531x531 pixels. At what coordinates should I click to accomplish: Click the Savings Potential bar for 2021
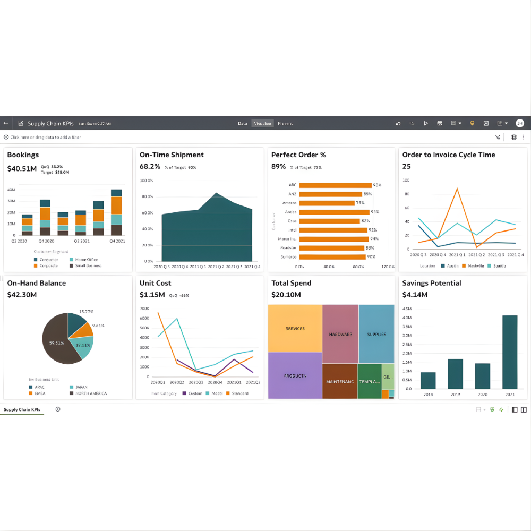click(509, 352)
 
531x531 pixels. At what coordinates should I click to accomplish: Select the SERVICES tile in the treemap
click(295, 328)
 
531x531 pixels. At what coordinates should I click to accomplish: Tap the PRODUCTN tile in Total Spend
click(295, 375)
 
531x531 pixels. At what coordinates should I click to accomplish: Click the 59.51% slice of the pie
click(57, 342)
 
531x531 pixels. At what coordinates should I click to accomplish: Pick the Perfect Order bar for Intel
click(333, 230)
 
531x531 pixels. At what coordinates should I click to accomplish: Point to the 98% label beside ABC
click(377, 185)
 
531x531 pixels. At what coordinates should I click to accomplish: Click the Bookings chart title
click(23, 155)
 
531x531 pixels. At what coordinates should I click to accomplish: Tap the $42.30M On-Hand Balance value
click(22, 295)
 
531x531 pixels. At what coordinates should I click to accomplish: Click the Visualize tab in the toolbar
click(262, 123)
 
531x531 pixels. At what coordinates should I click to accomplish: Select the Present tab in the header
click(285, 123)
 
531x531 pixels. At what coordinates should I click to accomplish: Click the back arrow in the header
click(6, 123)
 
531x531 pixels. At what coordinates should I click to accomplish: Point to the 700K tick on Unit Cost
click(144, 309)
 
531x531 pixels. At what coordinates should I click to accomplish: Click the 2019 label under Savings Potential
click(455, 395)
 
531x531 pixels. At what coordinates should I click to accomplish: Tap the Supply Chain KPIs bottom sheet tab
click(22, 409)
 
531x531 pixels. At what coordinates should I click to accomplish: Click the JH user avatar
click(519, 123)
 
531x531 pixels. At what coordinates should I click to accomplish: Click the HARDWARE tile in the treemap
click(340, 334)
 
